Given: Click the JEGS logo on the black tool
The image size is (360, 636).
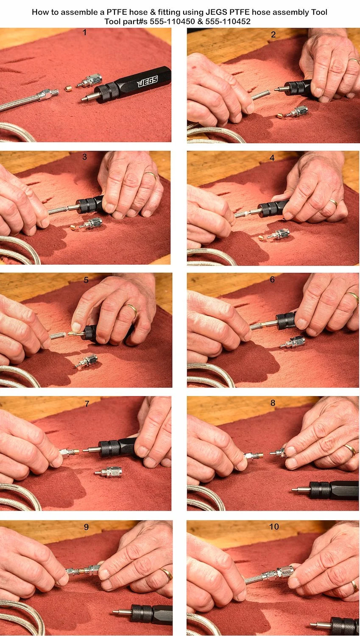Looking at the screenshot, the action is [x=148, y=81].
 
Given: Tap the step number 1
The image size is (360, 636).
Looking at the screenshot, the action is [x=84, y=32].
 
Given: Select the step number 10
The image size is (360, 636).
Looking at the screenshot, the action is [x=274, y=527].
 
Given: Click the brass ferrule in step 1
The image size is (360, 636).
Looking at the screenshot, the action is [x=68, y=88].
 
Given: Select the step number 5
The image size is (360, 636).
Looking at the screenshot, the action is [x=86, y=280].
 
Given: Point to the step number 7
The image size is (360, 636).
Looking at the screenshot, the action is [x=87, y=404].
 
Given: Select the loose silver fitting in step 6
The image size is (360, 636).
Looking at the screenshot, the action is [x=293, y=342].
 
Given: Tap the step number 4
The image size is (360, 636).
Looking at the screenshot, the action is [x=272, y=158].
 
